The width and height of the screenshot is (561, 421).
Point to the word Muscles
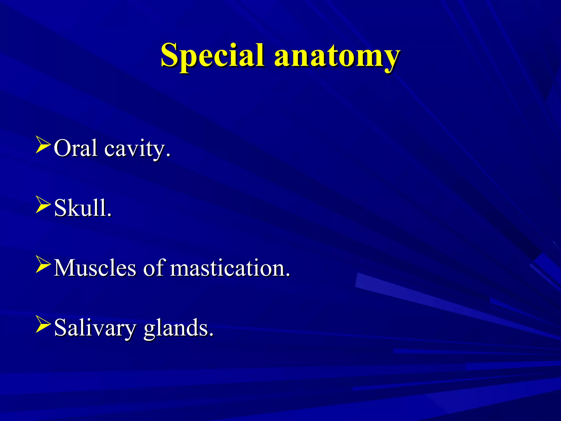pos(95,268)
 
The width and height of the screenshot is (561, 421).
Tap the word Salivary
pos(95,328)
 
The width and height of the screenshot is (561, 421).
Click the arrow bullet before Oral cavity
pos(43,146)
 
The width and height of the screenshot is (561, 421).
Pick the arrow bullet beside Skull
pos(43,206)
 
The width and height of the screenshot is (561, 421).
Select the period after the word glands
pos(211,334)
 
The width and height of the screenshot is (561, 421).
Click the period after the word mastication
pos(288,275)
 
